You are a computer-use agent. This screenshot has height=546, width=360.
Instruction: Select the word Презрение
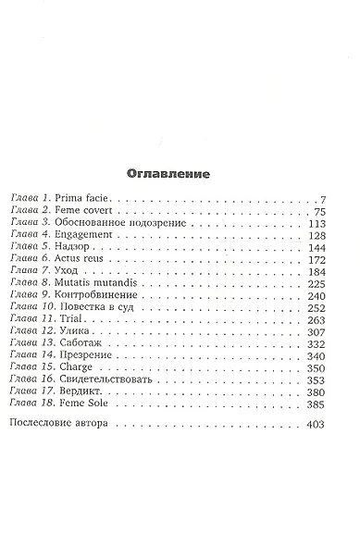coord(92,366)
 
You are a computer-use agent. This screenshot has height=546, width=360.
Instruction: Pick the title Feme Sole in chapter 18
coord(91,416)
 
